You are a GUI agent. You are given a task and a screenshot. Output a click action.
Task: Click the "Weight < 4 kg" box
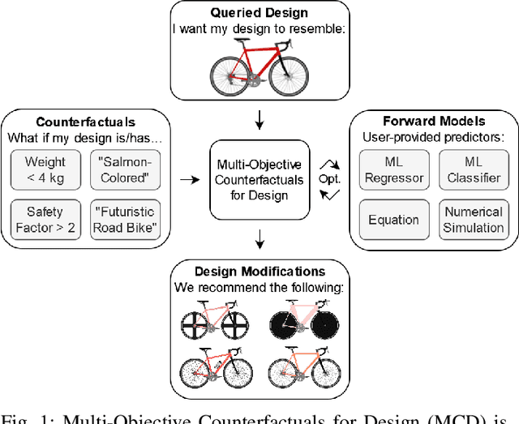(45, 169)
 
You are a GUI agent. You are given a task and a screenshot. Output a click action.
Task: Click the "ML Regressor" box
(394, 169)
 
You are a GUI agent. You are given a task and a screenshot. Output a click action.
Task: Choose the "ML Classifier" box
(473, 169)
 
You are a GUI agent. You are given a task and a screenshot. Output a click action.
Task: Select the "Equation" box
(394, 219)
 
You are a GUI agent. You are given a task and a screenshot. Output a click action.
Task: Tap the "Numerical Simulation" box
(473, 219)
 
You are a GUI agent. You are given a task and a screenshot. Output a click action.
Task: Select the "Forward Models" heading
(433, 121)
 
